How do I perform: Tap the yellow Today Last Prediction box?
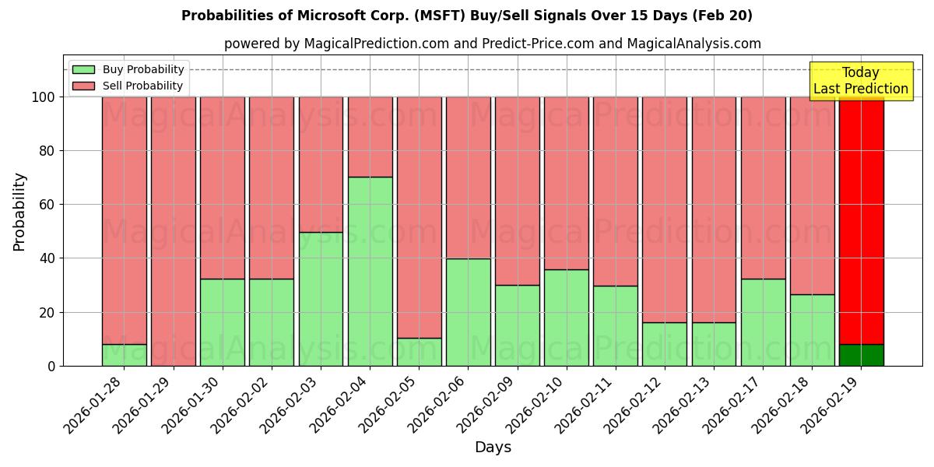tap(860, 81)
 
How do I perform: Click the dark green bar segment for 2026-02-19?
tap(861, 355)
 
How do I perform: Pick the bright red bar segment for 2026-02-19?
tap(861, 218)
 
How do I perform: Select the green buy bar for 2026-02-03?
tap(321, 299)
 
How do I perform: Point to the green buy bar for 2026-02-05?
tap(419, 352)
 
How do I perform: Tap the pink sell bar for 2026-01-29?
tap(173, 231)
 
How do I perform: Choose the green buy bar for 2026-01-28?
tap(124, 355)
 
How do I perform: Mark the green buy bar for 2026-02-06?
tap(468, 312)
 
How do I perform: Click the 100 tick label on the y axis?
tap(43, 97)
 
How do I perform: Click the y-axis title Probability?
tap(19, 211)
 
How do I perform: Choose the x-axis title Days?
tap(493, 448)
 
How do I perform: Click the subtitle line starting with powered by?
tap(492, 44)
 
